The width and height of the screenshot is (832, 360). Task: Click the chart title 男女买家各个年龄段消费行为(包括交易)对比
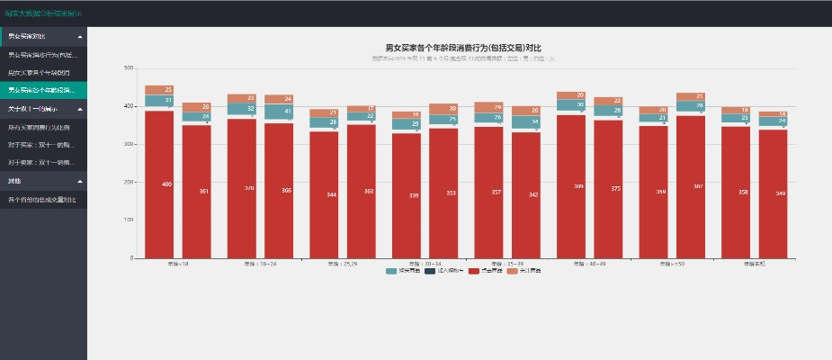(463, 48)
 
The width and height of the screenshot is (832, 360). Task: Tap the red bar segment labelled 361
(196, 191)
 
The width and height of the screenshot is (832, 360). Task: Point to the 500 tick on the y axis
(129, 67)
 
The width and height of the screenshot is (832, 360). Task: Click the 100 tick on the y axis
(129, 220)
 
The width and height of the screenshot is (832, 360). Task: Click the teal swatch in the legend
(391, 271)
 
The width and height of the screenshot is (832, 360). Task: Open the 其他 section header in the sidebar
(43, 181)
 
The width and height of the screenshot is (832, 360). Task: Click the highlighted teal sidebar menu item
(43, 90)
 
